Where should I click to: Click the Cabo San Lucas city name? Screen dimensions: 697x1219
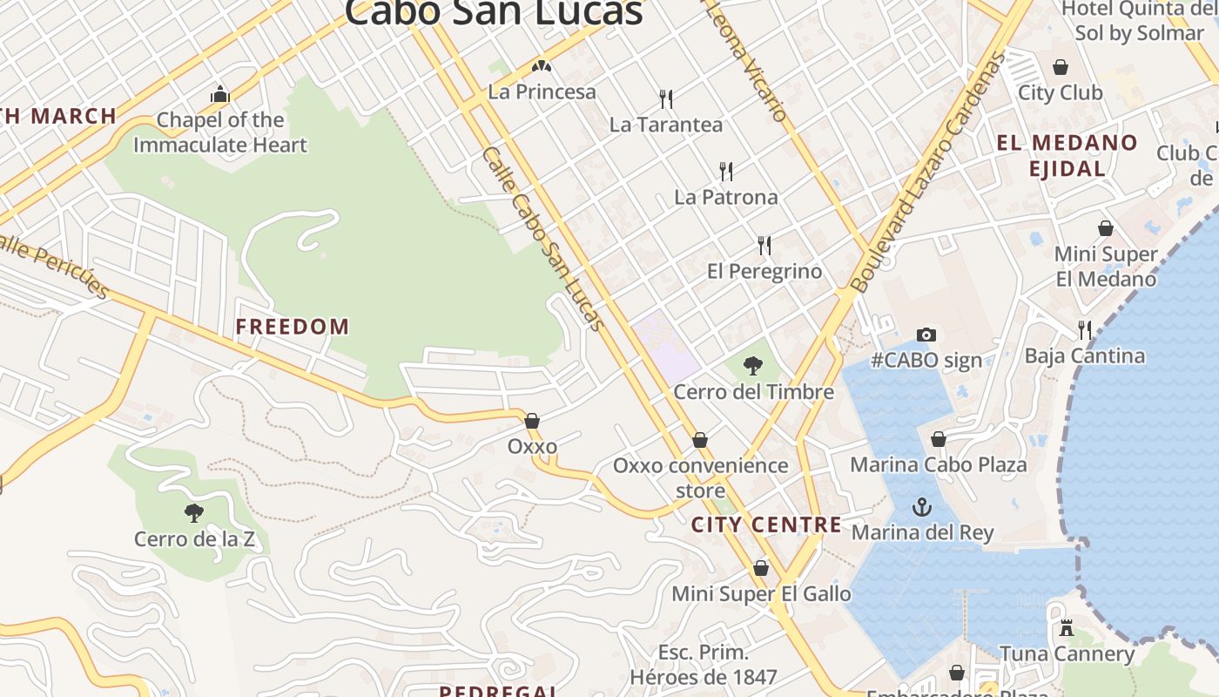494,12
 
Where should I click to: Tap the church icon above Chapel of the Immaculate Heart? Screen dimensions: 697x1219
219,94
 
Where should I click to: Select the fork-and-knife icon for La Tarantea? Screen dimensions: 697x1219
666,98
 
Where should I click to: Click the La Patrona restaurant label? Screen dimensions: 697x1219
726,197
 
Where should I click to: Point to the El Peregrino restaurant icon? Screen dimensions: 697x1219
764,246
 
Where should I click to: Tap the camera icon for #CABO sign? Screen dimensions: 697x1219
926,335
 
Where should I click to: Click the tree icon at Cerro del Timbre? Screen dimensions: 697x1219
753,366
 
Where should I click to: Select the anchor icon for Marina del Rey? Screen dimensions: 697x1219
921,506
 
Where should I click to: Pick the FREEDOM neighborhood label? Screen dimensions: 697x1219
293,327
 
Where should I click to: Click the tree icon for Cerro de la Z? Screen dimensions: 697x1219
194,513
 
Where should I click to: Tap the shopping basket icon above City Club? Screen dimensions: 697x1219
1061,67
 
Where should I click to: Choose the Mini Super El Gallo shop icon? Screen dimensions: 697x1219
761,568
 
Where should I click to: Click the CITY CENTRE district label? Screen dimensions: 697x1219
766,524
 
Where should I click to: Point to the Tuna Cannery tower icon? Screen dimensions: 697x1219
1067,627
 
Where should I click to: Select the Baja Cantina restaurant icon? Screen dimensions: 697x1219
1085,329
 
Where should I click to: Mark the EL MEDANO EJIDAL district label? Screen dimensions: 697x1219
1067,155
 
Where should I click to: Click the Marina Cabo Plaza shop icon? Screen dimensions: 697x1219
939,439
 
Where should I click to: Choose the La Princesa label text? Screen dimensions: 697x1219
542,91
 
